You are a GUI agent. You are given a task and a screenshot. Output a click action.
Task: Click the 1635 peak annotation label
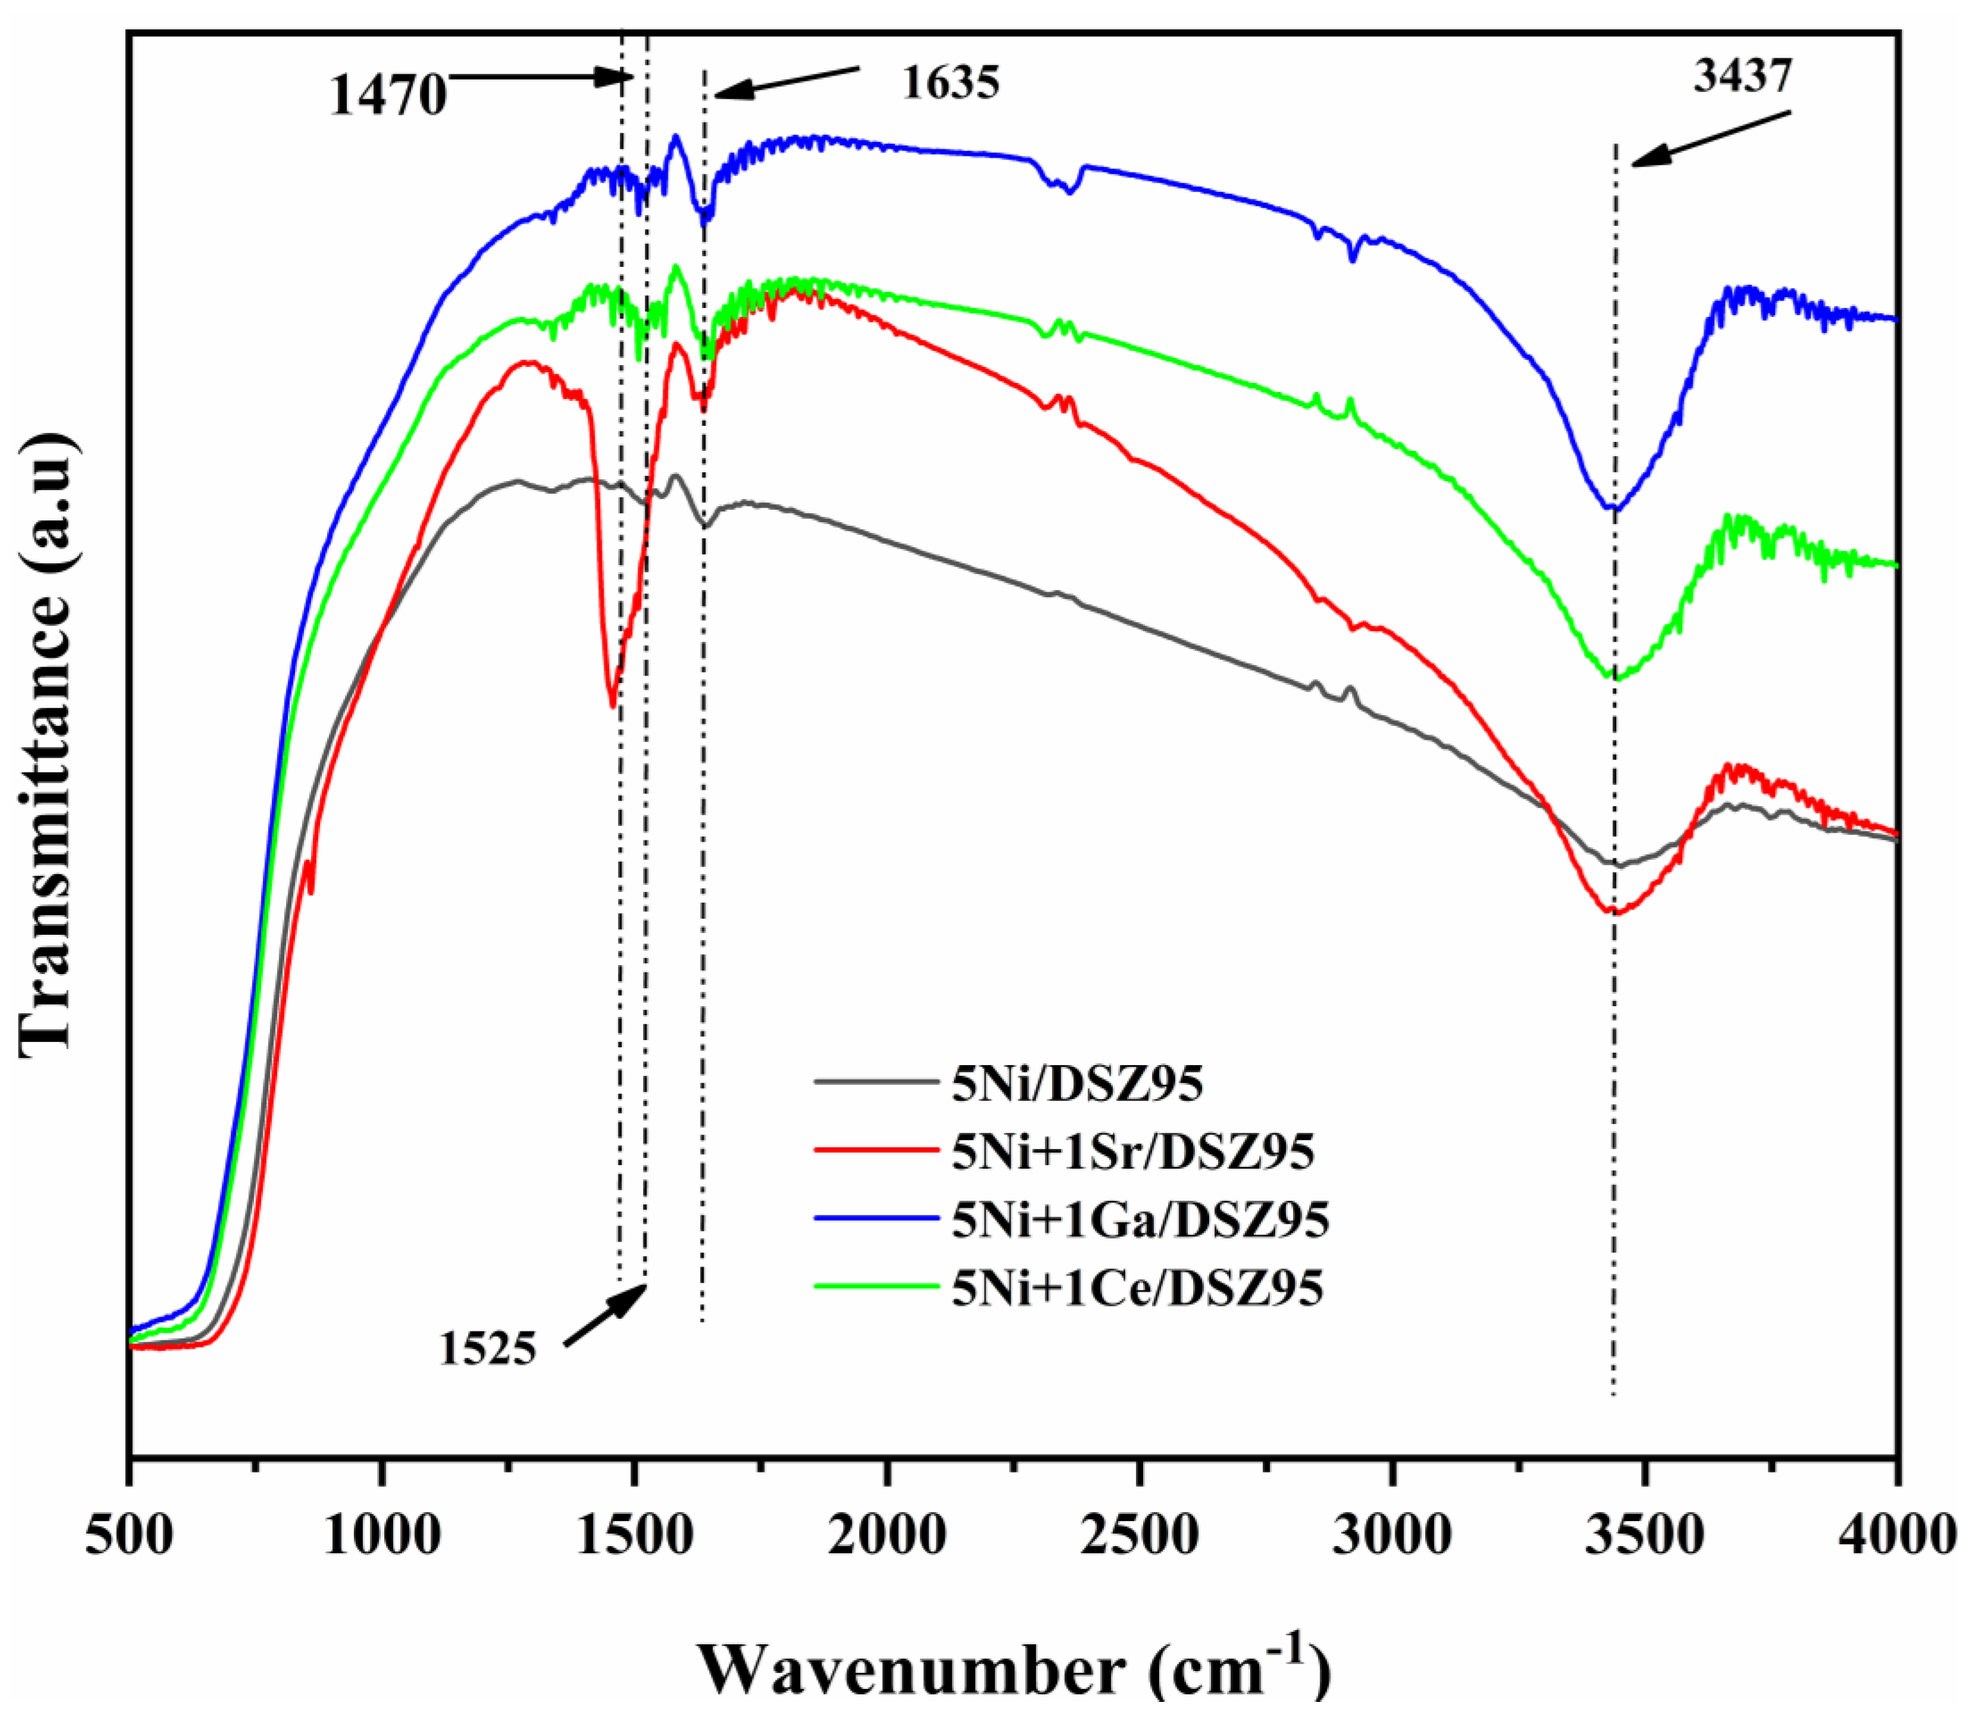point(949,83)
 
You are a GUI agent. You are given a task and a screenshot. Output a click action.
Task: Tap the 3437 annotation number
point(1742,76)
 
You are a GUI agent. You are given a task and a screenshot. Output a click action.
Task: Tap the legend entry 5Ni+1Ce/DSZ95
point(1137,1287)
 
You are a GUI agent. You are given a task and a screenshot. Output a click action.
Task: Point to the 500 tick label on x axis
point(130,1536)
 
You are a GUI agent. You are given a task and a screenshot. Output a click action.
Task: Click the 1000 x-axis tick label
point(382,1536)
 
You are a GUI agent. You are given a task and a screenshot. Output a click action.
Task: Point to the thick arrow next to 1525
point(604,1315)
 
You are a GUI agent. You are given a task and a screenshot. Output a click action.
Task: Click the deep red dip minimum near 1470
point(613,705)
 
